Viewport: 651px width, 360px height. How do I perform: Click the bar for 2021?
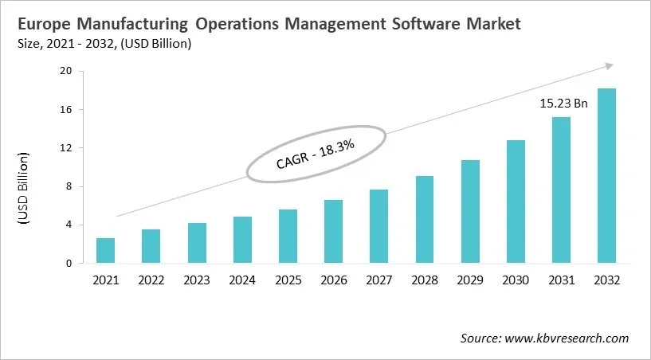coord(105,251)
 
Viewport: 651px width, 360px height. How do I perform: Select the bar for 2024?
coord(242,240)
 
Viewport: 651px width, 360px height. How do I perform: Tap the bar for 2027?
coord(378,226)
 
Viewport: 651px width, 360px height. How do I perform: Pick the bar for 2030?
coord(516,202)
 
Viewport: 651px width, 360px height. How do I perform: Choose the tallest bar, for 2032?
coord(606,176)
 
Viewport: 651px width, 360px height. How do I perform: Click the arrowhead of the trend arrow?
coord(610,66)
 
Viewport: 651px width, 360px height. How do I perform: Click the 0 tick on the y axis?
coord(69,264)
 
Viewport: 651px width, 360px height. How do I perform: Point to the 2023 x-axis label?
coord(196,280)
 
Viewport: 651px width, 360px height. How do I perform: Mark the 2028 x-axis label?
coord(424,280)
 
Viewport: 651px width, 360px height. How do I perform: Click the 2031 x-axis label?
coord(561,280)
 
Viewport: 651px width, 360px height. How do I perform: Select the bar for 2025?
coord(288,237)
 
